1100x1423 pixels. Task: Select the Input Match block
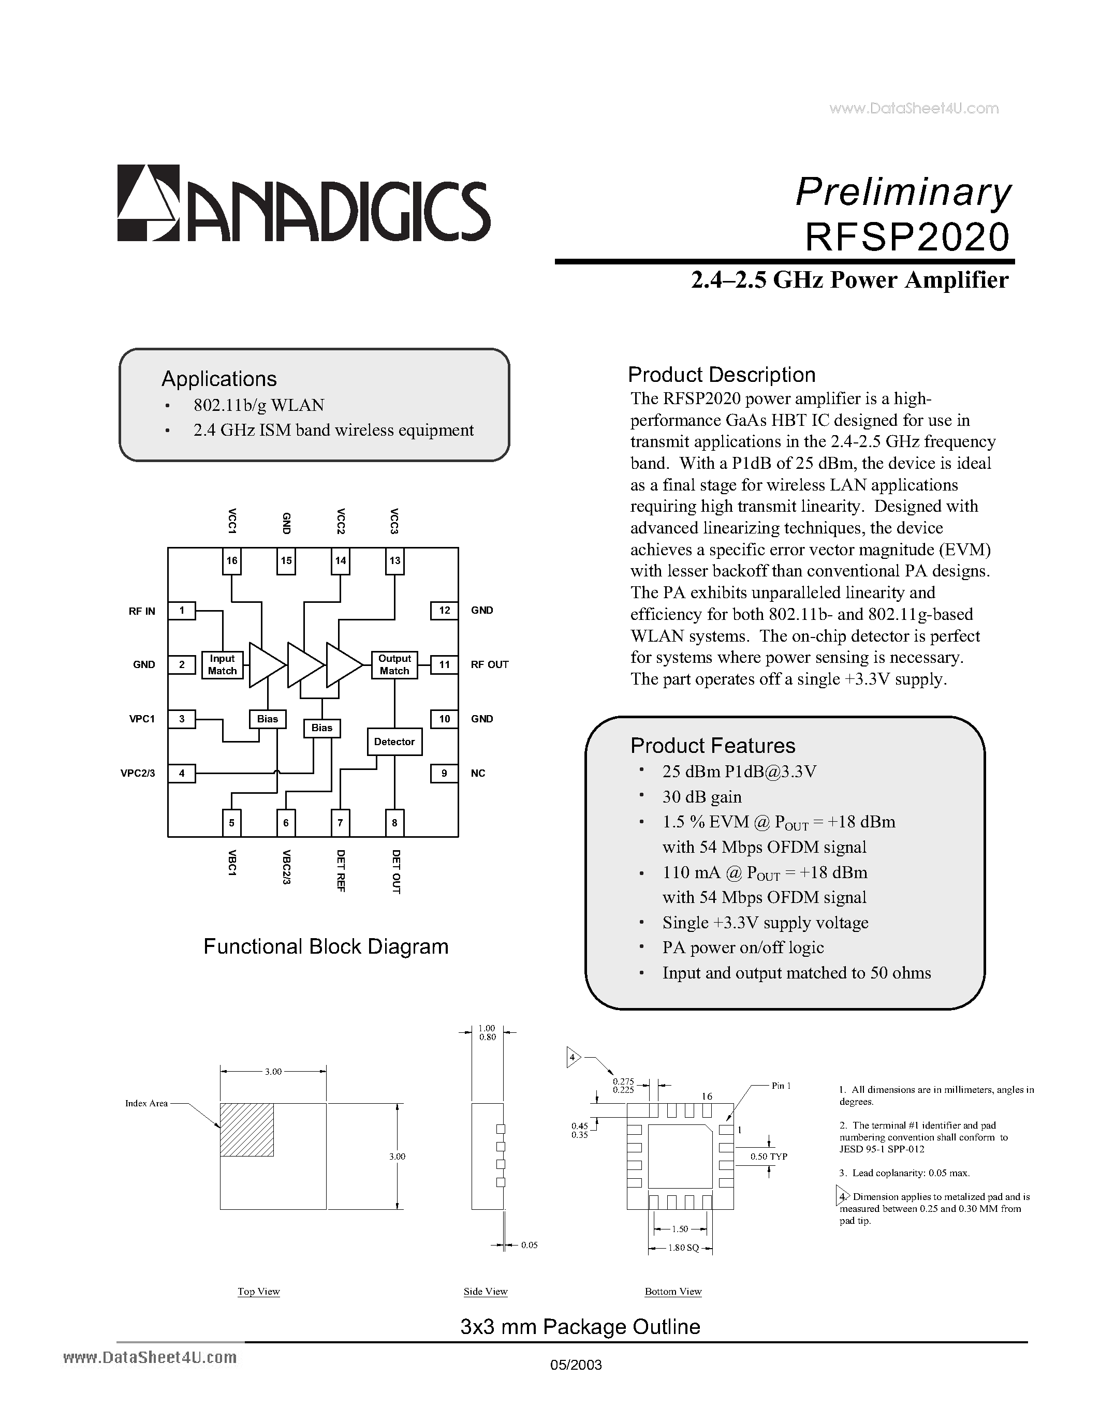click(x=222, y=664)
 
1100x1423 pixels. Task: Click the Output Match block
click(x=394, y=664)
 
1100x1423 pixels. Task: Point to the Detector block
click(x=394, y=742)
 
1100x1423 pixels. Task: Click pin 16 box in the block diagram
click(x=232, y=560)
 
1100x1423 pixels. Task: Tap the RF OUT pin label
click(x=489, y=664)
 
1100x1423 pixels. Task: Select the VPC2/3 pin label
click(x=138, y=774)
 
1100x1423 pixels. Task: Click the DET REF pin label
click(x=340, y=870)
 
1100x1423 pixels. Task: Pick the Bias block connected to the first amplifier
click(x=267, y=719)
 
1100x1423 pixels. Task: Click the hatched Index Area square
click(x=247, y=1130)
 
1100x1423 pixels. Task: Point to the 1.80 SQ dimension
click(x=682, y=1248)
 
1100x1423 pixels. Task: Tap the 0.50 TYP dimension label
click(x=769, y=1156)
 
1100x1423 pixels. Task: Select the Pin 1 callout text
click(x=781, y=1086)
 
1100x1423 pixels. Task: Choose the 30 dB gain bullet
click(x=702, y=797)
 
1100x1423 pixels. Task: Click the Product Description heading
click(x=722, y=375)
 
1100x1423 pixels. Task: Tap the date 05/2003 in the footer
click(x=576, y=1365)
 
